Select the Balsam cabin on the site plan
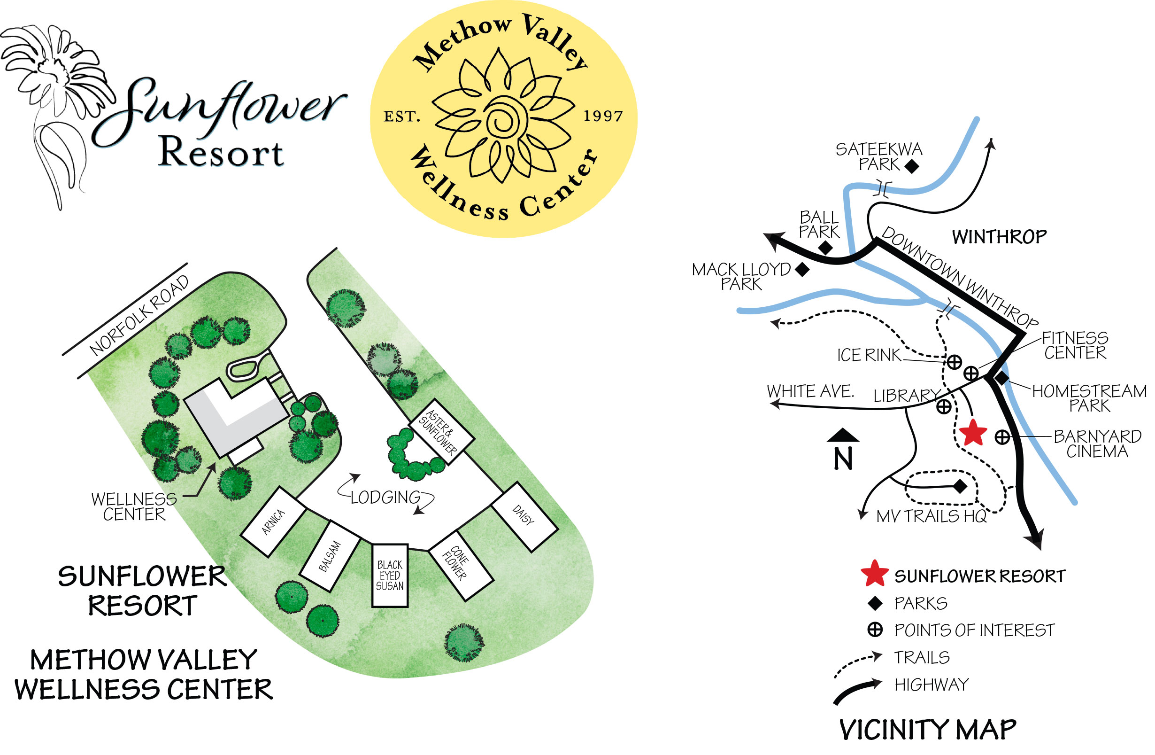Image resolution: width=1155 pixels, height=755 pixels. (x=330, y=556)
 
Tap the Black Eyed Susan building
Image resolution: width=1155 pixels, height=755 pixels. (x=390, y=576)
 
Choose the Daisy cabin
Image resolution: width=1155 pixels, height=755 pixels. (x=524, y=517)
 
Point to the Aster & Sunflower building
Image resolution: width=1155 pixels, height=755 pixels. (x=441, y=432)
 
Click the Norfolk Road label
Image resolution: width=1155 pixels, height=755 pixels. (x=139, y=315)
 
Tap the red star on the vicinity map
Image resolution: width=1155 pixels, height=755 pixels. (x=973, y=433)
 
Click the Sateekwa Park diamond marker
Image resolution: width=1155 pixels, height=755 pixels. (x=912, y=166)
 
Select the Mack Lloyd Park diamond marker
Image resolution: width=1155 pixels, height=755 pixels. (x=803, y=269)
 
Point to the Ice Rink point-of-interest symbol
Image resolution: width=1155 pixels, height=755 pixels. (x=954, y=362)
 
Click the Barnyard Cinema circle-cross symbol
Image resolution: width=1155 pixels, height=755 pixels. (x=1002, y=437)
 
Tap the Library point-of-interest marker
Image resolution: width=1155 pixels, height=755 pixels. (x=944, y=406)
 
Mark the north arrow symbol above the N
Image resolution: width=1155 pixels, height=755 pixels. (x=843, y=436)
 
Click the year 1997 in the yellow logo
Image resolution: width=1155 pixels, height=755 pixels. (x=603, y=116)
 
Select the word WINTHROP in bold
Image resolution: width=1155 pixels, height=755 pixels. (x=999, y=237)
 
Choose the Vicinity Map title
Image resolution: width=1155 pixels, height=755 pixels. (x=927, y=729)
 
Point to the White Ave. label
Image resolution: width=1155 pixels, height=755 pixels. (x=810, y=391)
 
